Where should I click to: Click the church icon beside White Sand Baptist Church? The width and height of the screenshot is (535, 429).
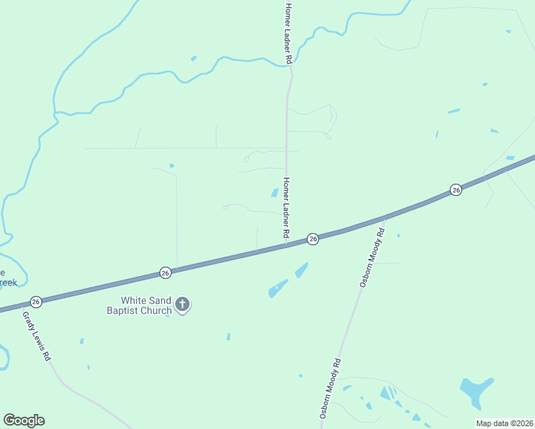click(x=182, y=305)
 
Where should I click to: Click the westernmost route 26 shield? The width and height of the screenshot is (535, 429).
click(x=36, y=302)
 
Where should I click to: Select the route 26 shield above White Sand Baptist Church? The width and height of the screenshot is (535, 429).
click(x=165, y=272)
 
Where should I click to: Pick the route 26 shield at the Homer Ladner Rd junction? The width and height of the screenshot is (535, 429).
click(x=313, y=239)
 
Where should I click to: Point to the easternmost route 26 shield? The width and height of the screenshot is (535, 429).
click(x=456, y=189)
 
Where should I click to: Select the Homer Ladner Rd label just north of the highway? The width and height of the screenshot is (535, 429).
click(x=287, y=207)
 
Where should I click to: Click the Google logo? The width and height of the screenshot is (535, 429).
click(x=24, y=420)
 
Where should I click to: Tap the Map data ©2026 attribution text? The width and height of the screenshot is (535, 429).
click(x=505, y=423)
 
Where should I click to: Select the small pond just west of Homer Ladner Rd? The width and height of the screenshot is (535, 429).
click(x=275, y=192)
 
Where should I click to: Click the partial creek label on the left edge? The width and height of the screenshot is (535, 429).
click(x=7, y=277)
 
